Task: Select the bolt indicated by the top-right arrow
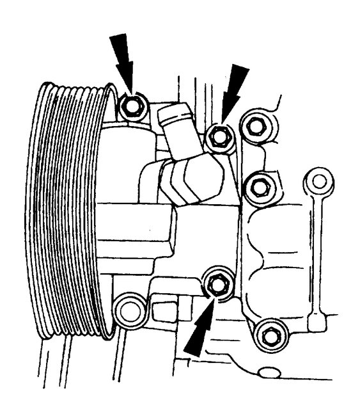point(221,135)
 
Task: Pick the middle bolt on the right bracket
point(259,186)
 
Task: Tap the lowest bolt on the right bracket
point(268,333)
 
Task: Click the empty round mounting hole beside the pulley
point(130,308)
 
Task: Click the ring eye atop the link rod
point(318,182)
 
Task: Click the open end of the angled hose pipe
point(173,115)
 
